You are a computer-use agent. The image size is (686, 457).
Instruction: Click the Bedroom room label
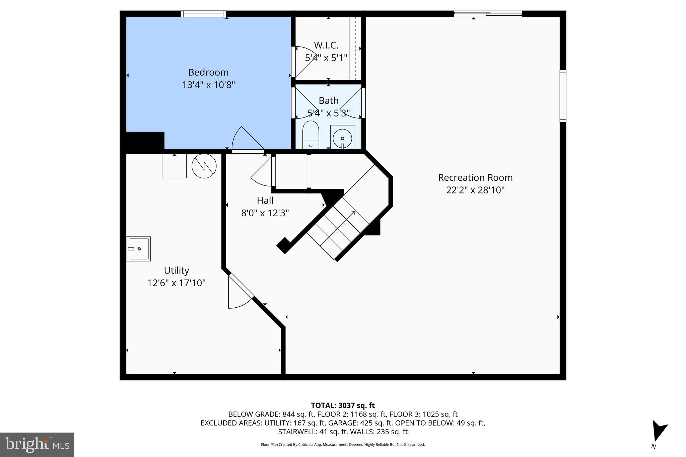coord(208,72)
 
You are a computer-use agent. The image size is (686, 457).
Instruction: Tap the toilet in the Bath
coord(311,134)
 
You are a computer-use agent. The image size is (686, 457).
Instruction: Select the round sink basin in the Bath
coord(342,138)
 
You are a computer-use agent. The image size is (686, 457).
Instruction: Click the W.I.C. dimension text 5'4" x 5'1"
coord(326,58)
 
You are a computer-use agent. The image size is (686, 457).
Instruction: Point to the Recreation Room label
coord(475,177)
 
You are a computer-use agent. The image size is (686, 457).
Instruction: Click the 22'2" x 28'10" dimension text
coord(475,190)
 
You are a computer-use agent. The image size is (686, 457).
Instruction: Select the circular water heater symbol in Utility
coord(204,166)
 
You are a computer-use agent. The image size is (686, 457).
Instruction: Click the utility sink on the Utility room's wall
coord(138,249)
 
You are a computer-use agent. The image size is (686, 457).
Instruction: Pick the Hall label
coord(265,201)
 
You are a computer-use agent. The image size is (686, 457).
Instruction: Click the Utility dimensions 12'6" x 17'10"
coord(176,283)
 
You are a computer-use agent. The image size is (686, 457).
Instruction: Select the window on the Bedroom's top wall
coord(203,14)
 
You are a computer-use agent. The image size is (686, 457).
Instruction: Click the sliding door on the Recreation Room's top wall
coord(488,14)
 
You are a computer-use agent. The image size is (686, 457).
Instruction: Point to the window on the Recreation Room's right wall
coord(563,96)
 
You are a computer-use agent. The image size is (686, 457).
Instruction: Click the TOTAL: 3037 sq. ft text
coord(343,405)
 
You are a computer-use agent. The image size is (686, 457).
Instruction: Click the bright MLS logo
coord(37,445)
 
